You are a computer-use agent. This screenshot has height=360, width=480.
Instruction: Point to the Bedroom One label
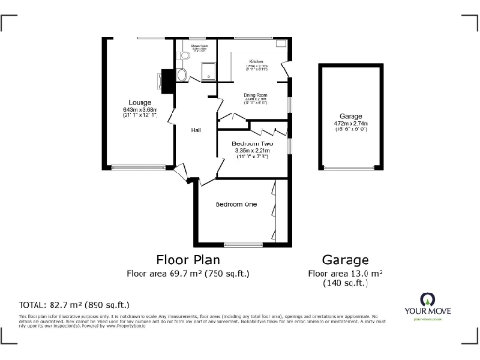tap(235, 203)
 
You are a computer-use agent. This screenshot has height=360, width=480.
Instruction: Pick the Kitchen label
tap(256, 61)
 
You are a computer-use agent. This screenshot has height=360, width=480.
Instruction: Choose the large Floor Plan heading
tap(188, 260)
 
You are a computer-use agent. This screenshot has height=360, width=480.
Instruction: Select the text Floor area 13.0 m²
tap(346, 274)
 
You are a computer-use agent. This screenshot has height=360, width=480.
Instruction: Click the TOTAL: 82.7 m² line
tap(74, 305)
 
